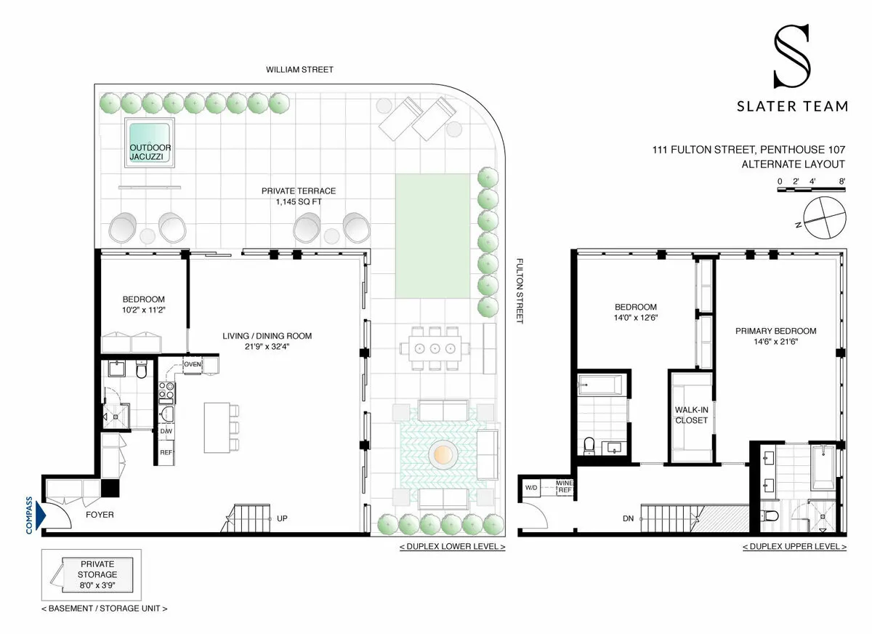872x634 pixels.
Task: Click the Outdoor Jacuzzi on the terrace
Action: click(150, 143)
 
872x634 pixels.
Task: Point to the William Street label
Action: click(299, 70)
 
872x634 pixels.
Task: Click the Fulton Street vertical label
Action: click(520, 291)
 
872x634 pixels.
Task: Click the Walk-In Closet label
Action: click(691, 414)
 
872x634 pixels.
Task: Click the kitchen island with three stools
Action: click(217, 426)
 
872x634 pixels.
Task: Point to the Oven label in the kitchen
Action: click(193, 364)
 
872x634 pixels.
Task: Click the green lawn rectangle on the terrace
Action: click(432, 236)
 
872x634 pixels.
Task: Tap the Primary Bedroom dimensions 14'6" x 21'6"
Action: click(775, 342)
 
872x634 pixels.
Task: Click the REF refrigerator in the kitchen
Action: click(166, 452)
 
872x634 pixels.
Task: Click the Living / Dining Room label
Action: click(267, 336)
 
